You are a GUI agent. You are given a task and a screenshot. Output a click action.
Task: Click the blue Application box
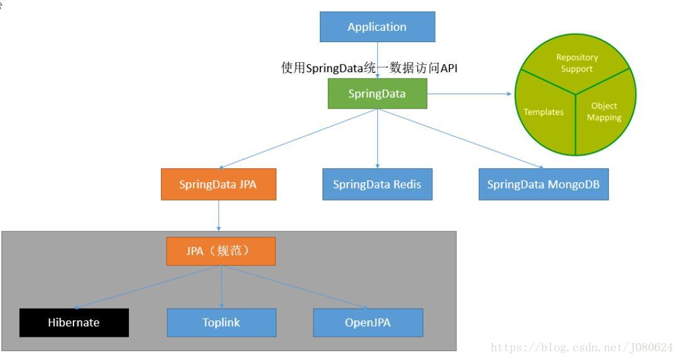click(x=377, y=27)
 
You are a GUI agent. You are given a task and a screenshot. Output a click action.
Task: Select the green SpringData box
click(x=377, y=94)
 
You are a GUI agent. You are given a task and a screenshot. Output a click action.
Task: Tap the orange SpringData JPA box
click(x=218, y=185)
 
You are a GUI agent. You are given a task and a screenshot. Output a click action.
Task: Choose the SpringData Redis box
click(x=377, y=185)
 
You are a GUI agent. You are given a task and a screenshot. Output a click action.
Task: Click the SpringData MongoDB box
click(x=543, y=185)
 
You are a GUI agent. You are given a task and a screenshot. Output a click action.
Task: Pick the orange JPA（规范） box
click(x=221, y=251)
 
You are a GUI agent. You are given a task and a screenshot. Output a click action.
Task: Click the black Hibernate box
click(x=74, y=323)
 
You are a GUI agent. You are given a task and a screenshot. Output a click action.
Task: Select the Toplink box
click(x=221, y=323)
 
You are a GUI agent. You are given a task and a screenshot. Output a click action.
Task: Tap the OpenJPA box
click(x=368, y=323)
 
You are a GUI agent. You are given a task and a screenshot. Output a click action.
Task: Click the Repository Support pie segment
click(x=576, y=63)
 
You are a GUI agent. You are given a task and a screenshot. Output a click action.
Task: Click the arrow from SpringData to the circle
click(x=469, y=94)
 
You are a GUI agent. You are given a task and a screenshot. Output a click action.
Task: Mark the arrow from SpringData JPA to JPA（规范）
click(x=219, y=215)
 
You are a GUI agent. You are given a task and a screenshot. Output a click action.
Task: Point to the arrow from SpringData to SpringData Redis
click(x=377, y=139)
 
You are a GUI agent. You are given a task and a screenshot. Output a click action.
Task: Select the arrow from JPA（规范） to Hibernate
click(x=148, y=287)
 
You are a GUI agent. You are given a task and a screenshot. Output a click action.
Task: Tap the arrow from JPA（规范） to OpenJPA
click(x=295, y=287)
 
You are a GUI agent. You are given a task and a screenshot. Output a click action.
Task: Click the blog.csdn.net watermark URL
click(x=581, y=347)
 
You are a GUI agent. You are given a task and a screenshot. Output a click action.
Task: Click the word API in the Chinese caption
click(x=448, y=68)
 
